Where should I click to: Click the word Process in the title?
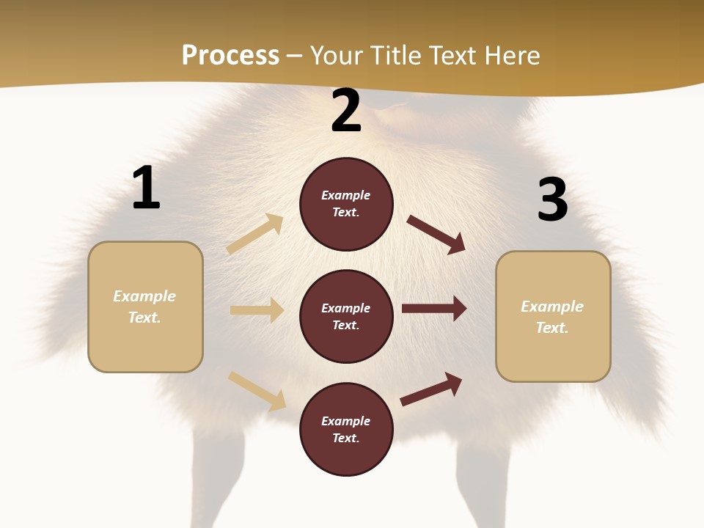(230, 56)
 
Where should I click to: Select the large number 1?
(146, 188)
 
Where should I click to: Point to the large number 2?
(346, 111)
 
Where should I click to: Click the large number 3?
(552, 200)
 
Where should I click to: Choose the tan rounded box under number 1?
(145, 307)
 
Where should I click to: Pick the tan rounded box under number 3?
(553, 317)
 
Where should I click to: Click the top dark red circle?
(346, 204)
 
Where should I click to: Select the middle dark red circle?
(346, 316)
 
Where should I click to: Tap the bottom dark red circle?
(346, 429)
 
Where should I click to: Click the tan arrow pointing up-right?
(255, 234)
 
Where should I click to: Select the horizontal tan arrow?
(257, 310)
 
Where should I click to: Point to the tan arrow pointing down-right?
(257, 391)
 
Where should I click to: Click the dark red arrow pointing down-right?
(436, 234)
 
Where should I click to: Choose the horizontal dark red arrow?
(434, 308)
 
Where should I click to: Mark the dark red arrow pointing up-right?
(432, 389)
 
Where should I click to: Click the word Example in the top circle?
(346, 195)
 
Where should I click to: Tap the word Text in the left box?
(144, 318)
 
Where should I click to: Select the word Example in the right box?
(552, 307)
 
